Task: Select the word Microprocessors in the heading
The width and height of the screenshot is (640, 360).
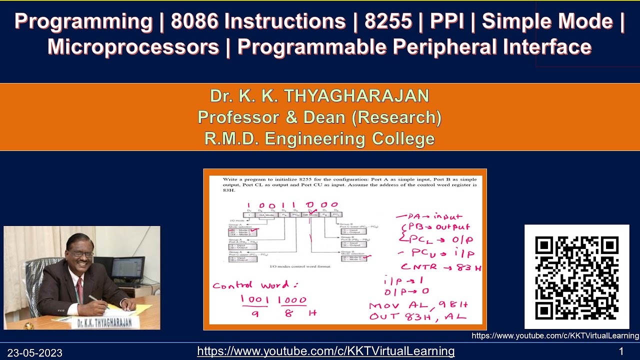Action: point(133,47)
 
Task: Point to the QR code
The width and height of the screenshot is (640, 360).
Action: point(576,277)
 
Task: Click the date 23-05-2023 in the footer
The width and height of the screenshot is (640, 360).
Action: point(34,353)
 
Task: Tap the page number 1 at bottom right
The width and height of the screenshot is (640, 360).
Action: point(621,351)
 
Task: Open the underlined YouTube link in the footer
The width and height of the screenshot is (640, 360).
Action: point(325,351)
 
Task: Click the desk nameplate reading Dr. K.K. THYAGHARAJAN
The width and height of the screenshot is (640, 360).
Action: point(104,322)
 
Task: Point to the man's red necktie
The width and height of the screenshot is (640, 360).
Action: point(80,290)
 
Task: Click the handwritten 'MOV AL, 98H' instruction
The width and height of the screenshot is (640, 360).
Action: point(418,305)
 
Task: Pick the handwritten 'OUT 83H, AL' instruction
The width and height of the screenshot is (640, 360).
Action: point(417,316)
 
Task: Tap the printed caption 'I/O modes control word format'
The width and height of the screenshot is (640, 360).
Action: point(300,267)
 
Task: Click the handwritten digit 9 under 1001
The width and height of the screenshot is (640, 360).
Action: point(255,313)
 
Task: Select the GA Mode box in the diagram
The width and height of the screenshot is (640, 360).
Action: point(268,214)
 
